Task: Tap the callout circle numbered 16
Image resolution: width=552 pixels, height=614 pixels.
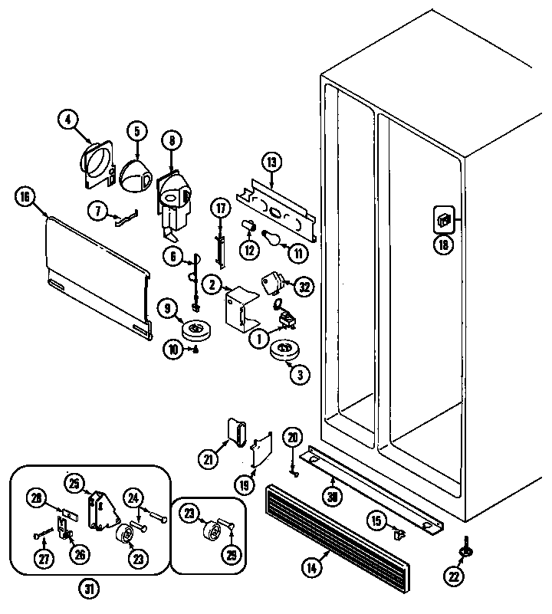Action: (25, 197)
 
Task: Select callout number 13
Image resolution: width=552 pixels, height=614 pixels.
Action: (271, 162)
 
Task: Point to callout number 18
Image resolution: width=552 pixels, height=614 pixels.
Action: (444, 245)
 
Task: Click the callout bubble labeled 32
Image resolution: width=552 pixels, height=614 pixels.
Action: (304, 287)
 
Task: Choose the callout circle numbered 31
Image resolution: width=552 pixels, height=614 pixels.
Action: (90, 589)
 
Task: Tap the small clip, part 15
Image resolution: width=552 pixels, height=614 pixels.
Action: (397, 533)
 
